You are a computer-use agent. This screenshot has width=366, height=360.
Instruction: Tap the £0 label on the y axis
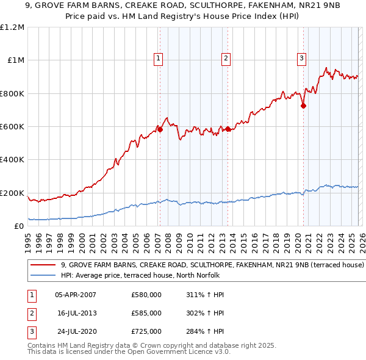click(19, 226)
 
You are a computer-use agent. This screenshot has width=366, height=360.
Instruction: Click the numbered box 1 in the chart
click(159, 59)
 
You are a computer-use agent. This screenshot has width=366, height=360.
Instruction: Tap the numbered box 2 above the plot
click(226, 59)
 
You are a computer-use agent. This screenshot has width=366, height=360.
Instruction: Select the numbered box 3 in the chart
click(301, 59)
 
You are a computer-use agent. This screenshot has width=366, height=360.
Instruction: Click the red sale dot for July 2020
click(303, 106)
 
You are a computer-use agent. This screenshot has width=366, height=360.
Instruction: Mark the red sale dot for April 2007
click(160, 129)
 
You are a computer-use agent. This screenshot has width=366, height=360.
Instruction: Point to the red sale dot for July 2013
click(228, 129)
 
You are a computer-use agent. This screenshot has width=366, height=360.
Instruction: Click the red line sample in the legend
click(43, 265)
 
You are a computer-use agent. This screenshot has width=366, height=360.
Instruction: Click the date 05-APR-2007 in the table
click(76, 295)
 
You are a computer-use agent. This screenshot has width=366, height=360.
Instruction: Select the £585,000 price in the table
click(146, 313)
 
